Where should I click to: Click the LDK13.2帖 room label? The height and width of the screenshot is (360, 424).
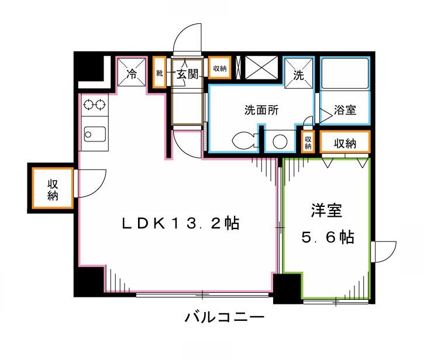pyautogui.click(x=181, y=223)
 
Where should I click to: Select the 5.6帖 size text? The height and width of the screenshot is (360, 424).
pyautogui.click(x=327, y=237)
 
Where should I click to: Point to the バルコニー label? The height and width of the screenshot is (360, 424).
pyautogui.click(x=225, y=319)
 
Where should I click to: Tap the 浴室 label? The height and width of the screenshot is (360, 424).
pyautogui.click(x=345, y=110)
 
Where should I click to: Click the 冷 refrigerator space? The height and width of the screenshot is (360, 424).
pyautogui.click(x=132, y=74)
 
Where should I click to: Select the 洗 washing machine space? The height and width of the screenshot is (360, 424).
pyautogui.click(x=298, y=75)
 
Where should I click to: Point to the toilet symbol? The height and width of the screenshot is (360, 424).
pyautogui.click(x=243, y=141)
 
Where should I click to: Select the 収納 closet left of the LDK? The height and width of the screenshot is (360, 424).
pyautogui.click(x=53, y=188)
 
